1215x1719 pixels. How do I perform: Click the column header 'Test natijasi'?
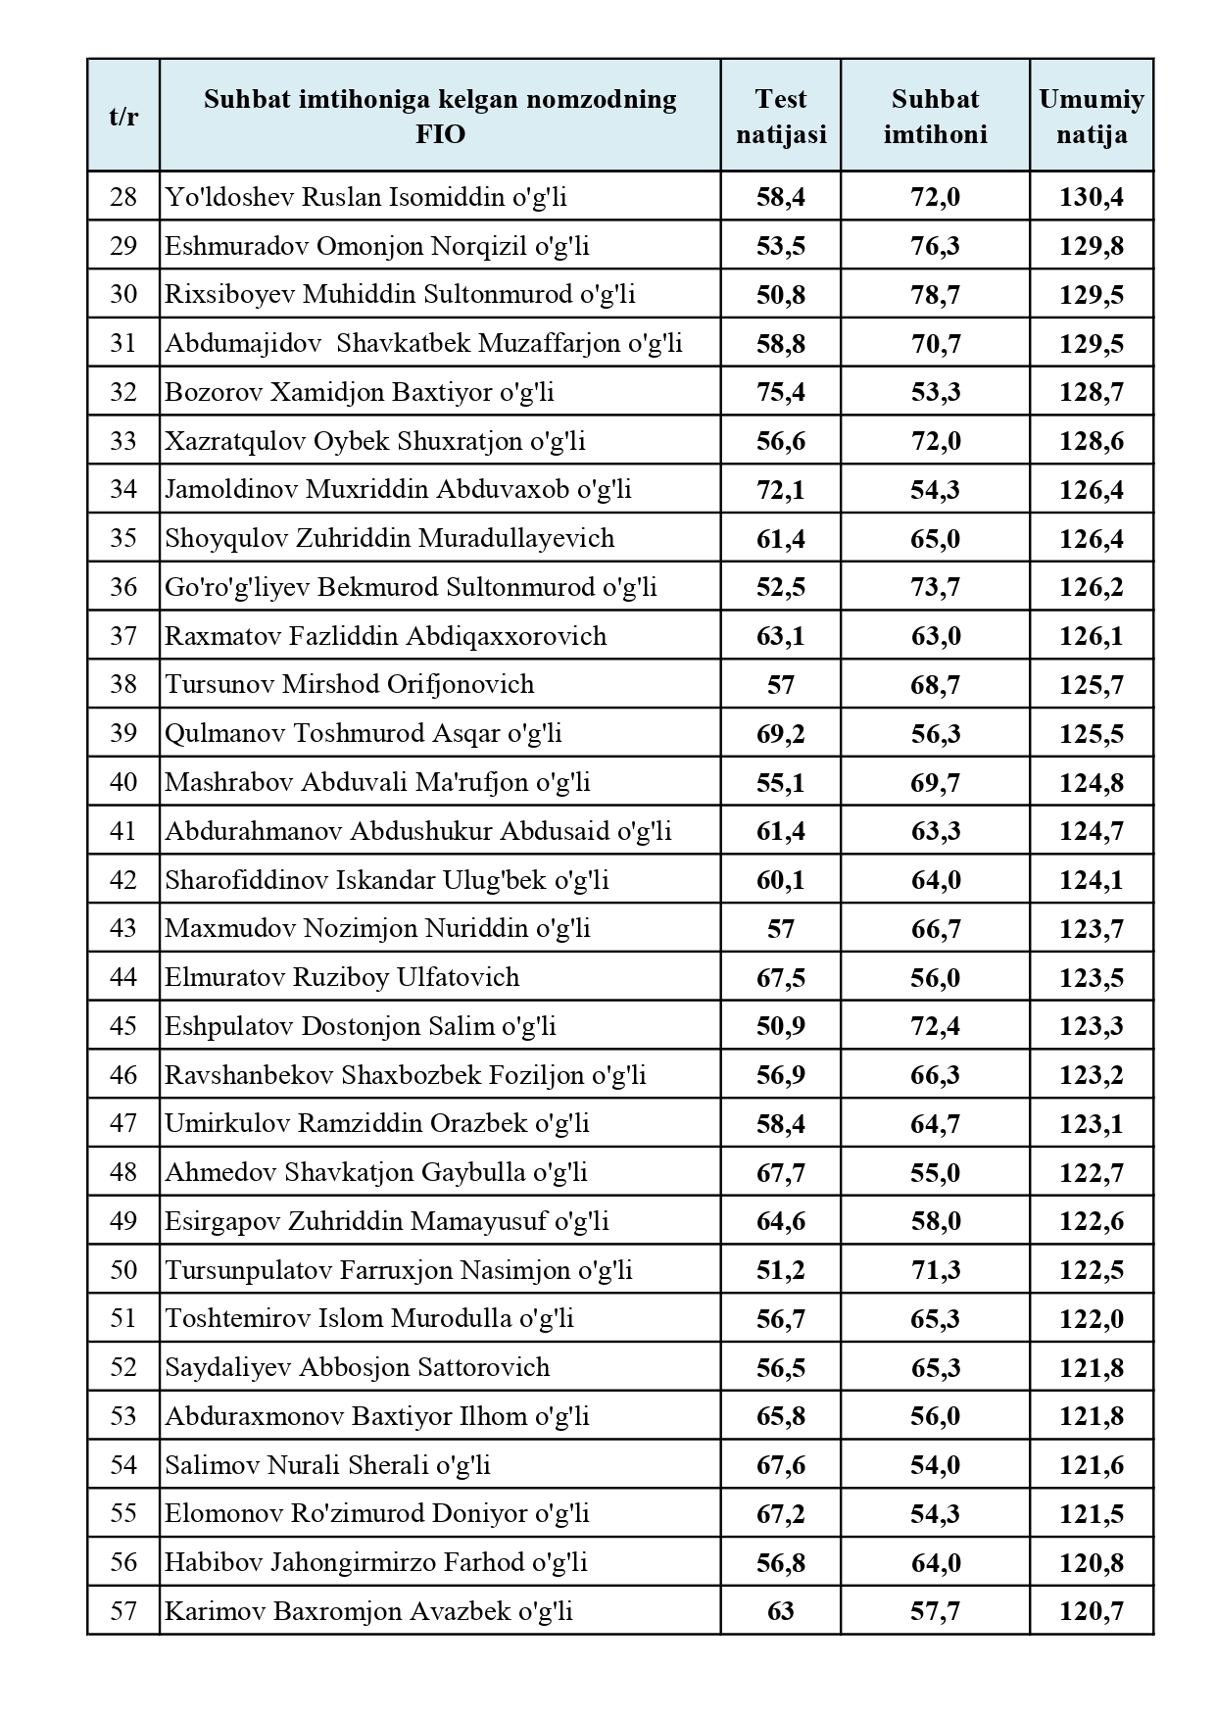click(x=781, y=116)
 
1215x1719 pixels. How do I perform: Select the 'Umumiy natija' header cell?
click(x=1091, y=116)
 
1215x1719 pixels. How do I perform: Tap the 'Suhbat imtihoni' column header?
click(x=935, y=116)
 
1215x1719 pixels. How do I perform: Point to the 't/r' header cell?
click(x=123, y=116)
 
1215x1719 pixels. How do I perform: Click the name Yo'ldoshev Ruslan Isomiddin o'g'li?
click(x=365, y=197)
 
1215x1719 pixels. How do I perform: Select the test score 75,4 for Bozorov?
click(x=781, y=392)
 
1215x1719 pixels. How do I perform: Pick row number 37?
click(x=123, y=636)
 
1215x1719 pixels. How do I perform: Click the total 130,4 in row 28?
click(x=1091, y=197)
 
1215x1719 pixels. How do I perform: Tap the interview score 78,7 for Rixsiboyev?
click(x=935, y=295)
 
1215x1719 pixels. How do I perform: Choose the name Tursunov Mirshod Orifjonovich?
click(x=350, y=684)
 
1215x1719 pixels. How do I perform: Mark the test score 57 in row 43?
click(x=781, y=928)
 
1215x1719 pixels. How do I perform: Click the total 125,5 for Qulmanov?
click(x=1091, y=734)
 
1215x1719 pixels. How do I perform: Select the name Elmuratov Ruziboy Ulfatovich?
click(x=342, y=977)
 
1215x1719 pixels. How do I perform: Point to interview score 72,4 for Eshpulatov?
click(x=935, y=1026)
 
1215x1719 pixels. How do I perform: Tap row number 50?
click(x=123, y=1270)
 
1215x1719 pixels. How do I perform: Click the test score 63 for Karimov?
click(x=781, y=1611)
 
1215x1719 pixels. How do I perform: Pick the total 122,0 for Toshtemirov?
click(x=1091, y=1319)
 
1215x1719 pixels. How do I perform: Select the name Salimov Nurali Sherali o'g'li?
click(x=327, y=1465)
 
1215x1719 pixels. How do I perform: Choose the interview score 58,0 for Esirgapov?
click(x=935, y=1221)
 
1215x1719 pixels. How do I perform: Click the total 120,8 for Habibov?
click(x=1091, y=1562)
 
